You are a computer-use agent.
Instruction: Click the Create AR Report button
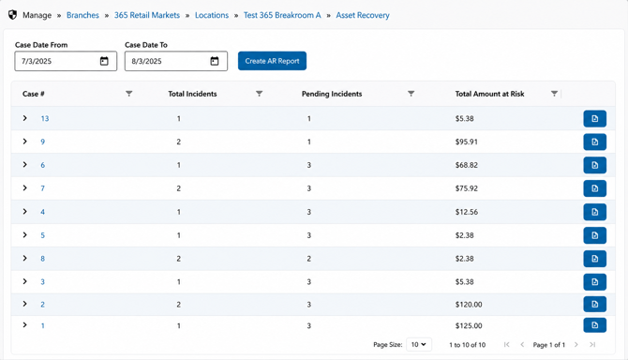[272, 61]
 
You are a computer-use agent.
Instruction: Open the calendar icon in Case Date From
[104, 61]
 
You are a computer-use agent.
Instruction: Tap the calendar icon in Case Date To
[215, 61]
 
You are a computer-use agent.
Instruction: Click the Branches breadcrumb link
[82, 15]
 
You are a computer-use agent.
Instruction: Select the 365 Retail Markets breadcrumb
[147, 15]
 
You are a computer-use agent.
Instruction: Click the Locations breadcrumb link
[212, 15]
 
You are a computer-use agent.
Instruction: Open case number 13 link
[45, 118]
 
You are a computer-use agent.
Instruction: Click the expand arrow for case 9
[24, 142]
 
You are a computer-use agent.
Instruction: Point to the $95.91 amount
[466, 142]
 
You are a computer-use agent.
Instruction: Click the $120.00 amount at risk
[469, 305]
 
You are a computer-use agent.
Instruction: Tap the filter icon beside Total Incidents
[259, 94]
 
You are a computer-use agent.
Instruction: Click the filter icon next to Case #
[129, 94]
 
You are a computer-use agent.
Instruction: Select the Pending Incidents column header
[332, 94]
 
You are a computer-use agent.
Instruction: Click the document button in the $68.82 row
[595, 165]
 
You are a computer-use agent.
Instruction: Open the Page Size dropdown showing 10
[419, 344]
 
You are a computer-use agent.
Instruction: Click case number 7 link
[42, 188]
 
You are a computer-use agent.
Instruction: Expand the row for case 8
[24, 259]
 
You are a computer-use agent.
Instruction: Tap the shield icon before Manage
[13, 15]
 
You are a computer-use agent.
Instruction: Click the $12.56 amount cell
[466, 212]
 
